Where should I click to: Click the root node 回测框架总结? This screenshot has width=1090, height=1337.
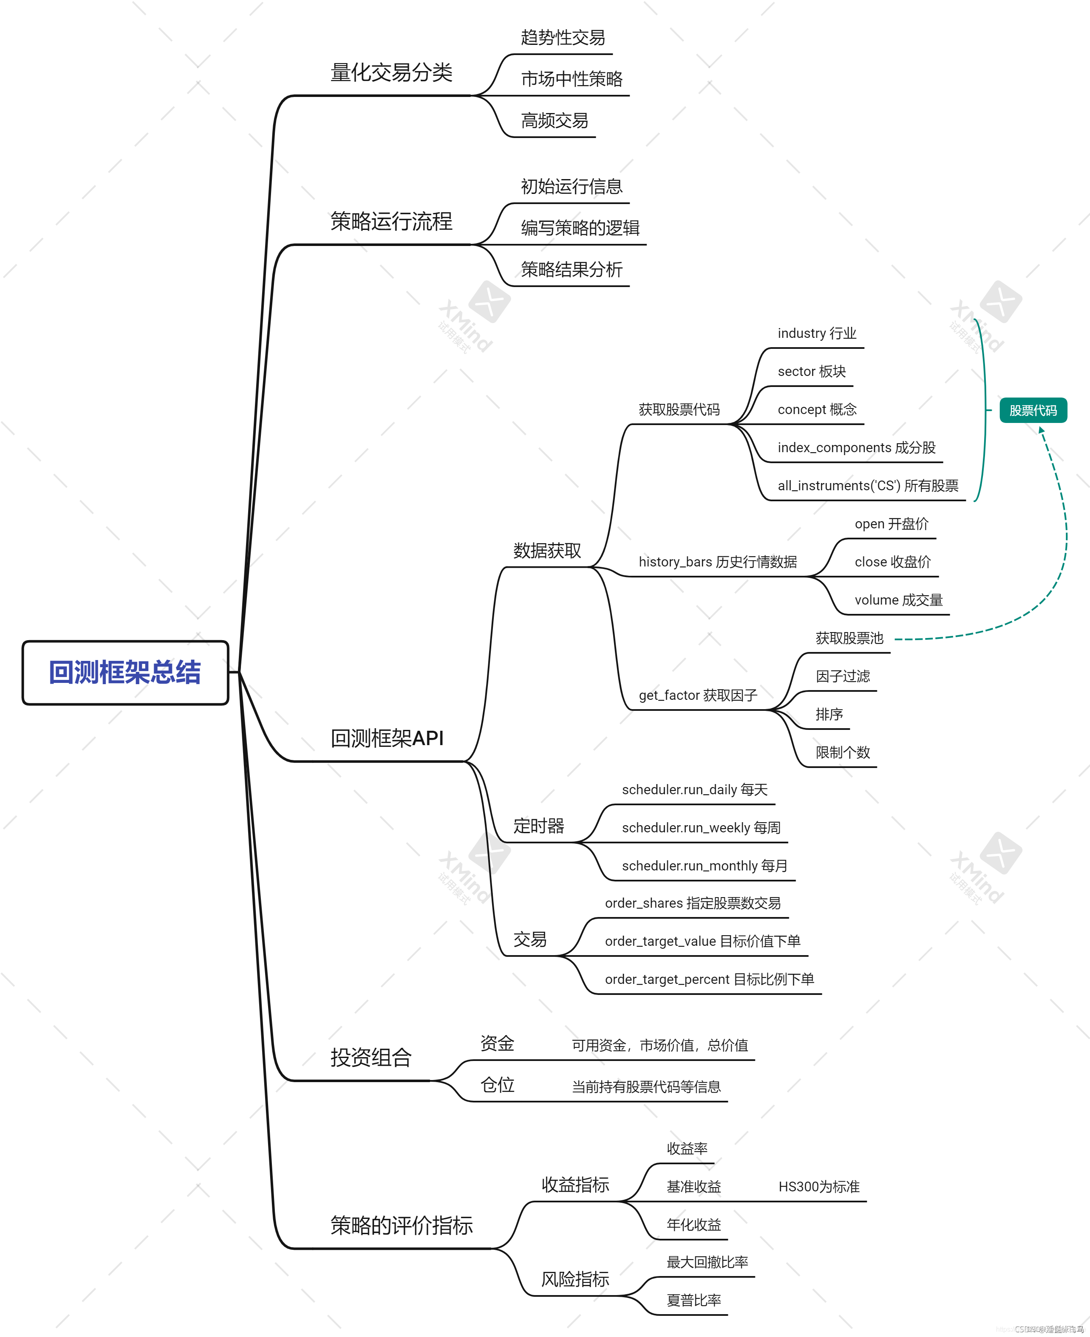click(x=125, y=672)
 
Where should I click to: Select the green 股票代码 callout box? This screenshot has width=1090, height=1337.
click(x=1032, y=411)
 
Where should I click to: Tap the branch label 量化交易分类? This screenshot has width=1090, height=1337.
click(x=391, y=73)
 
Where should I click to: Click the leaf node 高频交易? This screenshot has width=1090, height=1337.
click(x=554, y=121)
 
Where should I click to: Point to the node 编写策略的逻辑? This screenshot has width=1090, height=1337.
click(x=580, y=228)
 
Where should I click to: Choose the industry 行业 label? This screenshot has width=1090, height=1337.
click(x=816, y=333)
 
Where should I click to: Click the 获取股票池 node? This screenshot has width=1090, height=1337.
click(x=849, y=638)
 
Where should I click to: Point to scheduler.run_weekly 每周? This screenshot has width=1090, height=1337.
click(x=701, y=828)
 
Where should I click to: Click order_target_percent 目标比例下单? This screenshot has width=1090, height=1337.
click(x=709, y=979)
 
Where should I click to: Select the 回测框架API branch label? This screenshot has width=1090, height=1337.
click(x=387, y=739)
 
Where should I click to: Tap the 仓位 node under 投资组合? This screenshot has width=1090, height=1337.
click(x=497, y=1085)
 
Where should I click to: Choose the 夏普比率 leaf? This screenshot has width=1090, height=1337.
click(x=693, y=1300)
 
